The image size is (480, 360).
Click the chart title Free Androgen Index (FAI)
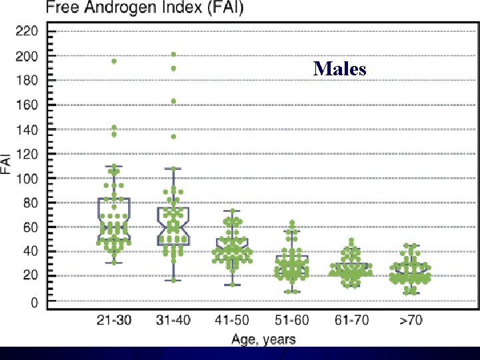point(145,9)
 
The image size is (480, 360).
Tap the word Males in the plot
point(340,68)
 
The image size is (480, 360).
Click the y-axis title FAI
point(6,163)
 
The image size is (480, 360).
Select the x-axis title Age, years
point(263,339)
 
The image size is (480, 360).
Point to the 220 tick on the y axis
point(27,31)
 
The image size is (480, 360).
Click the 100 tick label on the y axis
point(27,179)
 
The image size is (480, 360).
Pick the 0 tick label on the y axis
point(35,302)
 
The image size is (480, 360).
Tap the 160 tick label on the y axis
point(27,105)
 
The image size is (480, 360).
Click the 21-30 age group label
point(114,320)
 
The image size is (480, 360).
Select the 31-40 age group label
point(173,320)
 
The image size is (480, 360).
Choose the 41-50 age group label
point(233,320)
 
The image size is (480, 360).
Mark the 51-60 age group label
point(292,320)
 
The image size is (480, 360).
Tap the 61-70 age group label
point(351,320)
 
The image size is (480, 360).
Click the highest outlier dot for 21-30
point(114,61)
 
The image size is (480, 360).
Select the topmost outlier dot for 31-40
point(173,55)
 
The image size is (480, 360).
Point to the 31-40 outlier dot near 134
point(173,137)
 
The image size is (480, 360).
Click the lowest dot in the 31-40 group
point(173,280)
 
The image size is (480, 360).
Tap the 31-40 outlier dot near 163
point(173,101)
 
